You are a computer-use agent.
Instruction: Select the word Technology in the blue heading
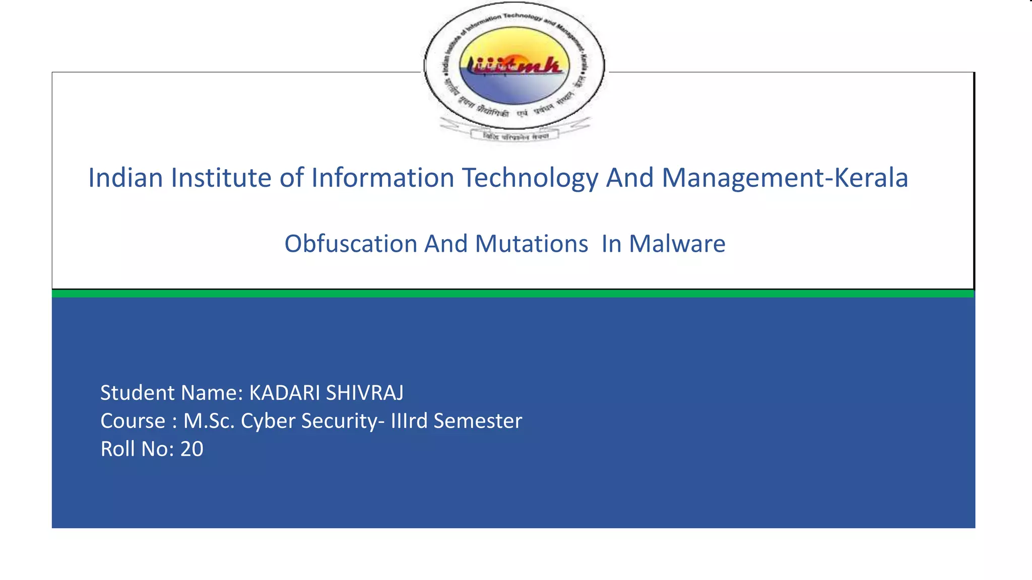[x=530, y=178]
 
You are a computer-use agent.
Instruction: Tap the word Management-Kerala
[x=785, y=178]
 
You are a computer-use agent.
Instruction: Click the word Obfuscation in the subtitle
[x=351, y=244]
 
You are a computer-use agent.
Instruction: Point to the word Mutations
[x=531, y=244]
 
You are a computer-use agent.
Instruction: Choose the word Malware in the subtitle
[x=677, y=244]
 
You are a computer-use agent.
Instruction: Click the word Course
[x=133, y=421]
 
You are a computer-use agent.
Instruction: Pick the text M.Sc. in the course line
[x=209, y=421]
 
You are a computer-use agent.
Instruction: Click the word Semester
[x=477, y=421]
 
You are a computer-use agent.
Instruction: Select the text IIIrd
[x=409, y=421]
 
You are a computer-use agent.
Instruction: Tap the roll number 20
[x=192, y=449]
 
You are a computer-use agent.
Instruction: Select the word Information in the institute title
[x=382, y=178]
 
